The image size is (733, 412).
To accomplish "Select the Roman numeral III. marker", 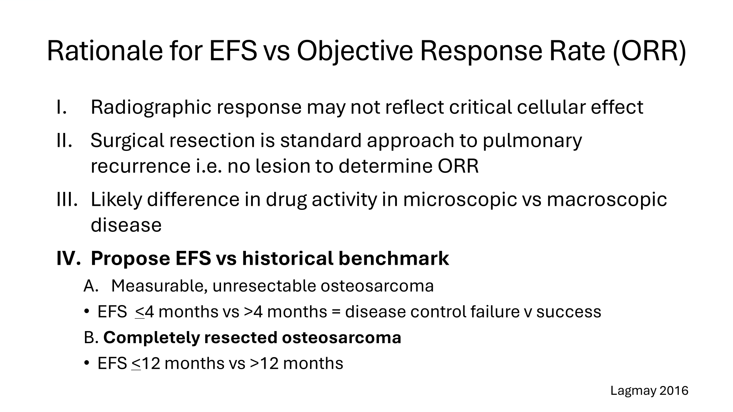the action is [x=67, y=200].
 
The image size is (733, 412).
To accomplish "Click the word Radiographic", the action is [x=151, y=108].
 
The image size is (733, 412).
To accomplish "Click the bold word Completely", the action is [x=151, y=338].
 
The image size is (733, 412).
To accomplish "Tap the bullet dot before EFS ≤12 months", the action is [x=86, y=363].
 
